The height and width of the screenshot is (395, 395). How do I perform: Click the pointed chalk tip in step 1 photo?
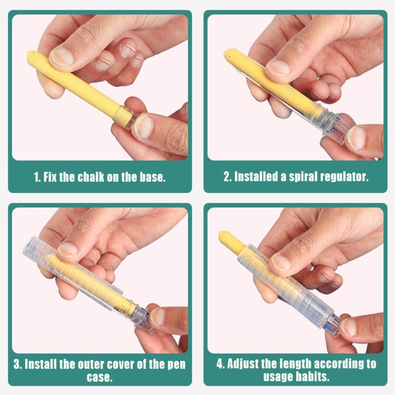31,55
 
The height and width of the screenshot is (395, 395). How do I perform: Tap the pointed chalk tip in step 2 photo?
228,53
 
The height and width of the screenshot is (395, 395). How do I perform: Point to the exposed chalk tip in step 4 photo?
223,235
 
